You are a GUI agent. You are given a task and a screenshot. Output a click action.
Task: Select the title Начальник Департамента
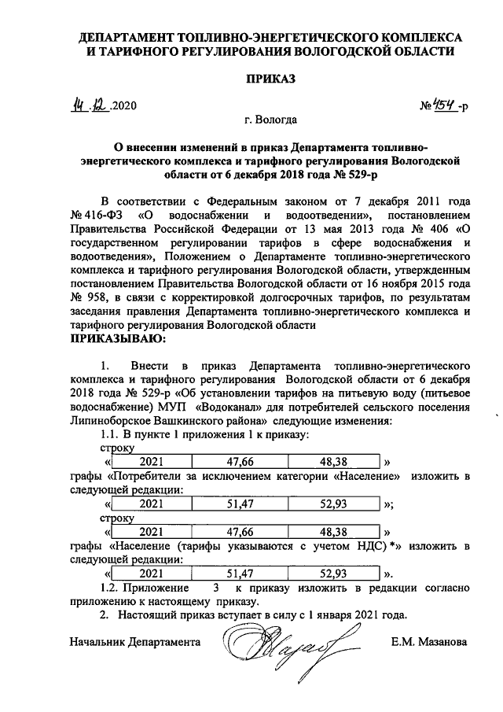tap(134, 642)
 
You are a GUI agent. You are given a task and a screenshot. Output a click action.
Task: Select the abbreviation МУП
tap(178, 407)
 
